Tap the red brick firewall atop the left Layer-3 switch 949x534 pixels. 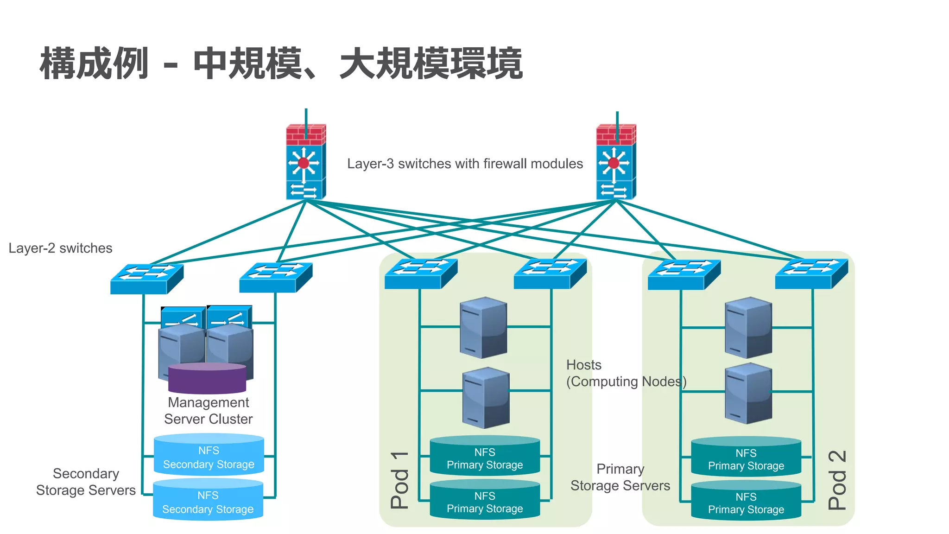point(305,134)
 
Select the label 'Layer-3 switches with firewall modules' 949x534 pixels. point(465,164)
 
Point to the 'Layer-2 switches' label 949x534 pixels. point(60,248)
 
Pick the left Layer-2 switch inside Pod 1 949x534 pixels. point(421,273)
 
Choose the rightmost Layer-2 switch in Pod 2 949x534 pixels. point(811,273)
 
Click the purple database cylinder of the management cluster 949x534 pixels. point(207,378)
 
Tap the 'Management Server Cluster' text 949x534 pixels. point(208,411)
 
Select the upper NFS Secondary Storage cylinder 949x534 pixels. point(209,455)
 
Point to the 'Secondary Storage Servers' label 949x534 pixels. point(86,482)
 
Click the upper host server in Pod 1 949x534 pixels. point(483,327)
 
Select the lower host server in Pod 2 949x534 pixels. point(748,393)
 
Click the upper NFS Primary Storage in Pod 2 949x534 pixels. point(746,457)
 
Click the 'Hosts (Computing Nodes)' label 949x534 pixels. point(626,373)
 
